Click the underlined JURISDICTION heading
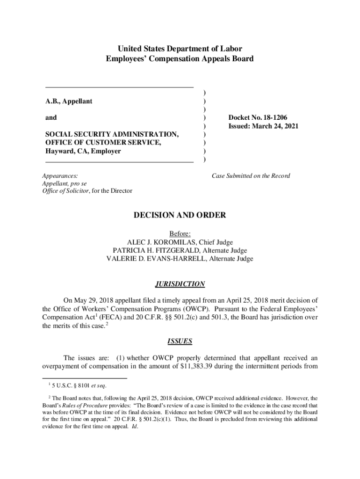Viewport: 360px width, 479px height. pos(180,284)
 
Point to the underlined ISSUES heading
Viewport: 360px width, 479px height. pos(180,341)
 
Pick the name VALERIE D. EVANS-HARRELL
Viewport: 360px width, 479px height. pos(157,259)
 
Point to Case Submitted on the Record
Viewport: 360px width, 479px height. pos(251,176)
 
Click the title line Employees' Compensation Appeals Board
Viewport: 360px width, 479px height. pos(180,59)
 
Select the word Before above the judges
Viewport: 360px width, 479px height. pos(180,233)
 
